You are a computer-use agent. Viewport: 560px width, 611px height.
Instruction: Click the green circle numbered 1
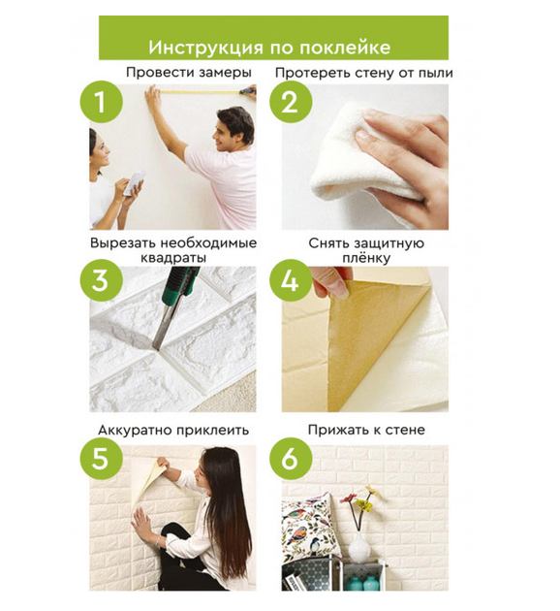coord(101,102)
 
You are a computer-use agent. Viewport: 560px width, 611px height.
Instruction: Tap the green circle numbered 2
coord(291,102)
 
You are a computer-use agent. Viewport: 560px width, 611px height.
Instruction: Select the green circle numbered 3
coord(101,279)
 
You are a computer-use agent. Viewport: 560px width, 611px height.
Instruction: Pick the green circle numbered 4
coord(291,279)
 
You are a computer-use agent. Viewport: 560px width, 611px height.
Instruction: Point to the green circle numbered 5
coord(101,458)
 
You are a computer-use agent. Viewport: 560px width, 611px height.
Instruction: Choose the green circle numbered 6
coord(291,458)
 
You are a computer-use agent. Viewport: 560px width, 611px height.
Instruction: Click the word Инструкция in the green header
coord(206,48)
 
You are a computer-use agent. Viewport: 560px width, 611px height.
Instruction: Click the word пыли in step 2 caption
coord(435,74)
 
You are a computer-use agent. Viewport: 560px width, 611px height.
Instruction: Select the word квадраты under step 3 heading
coord(173,258)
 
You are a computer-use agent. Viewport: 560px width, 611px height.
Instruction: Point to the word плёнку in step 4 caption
coord(366,258)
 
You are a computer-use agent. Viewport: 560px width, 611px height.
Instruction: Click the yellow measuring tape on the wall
coord(202,92)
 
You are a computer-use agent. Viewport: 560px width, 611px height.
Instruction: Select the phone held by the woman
coord(134,183)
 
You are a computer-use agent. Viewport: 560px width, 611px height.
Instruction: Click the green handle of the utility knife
coord(180,286)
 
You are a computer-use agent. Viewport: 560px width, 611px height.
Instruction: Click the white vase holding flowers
coord(358,548)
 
